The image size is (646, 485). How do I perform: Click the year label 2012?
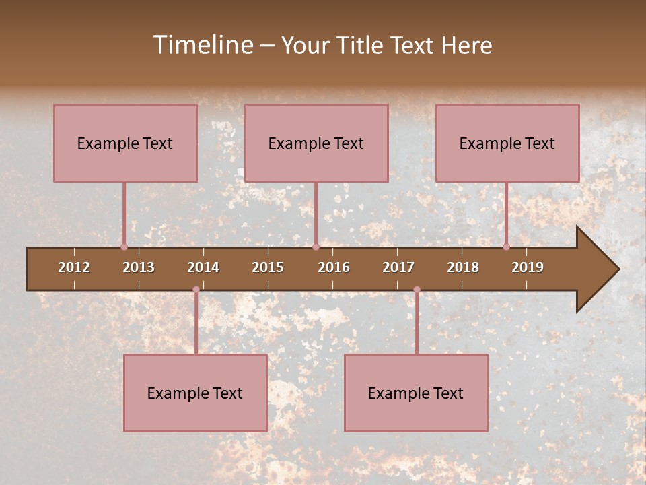[x=74, y=267]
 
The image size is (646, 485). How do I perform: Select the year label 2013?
[x=139, y=267]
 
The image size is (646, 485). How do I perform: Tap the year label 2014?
[x=203, y=267]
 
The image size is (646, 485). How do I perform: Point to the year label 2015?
[x=268, y=267]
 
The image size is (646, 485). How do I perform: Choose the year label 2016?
[x=334, y=267]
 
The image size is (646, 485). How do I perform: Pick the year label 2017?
[x=398, y=267]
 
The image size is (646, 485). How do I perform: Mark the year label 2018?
[x=463, y=267]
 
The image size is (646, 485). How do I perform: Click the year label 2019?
[x=528, y=267]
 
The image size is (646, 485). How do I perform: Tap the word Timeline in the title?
[x=203, y=45]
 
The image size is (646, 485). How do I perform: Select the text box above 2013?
[x=125, y=143]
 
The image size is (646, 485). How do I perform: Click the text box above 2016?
[x=316, y=143]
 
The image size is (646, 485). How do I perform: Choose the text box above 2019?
[x=507, y=143]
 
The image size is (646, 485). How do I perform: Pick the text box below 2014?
[x=195, y=393]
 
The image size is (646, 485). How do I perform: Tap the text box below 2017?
[x=416, y=393]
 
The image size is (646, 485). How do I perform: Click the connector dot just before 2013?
[x=124, y=247]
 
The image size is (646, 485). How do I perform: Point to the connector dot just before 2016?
[x=316, y=247]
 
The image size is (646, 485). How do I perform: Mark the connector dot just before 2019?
[x=506, y=247]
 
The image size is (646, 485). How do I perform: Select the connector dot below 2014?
[x=196, y=290]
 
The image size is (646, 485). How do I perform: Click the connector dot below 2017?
[x=417, y=290]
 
